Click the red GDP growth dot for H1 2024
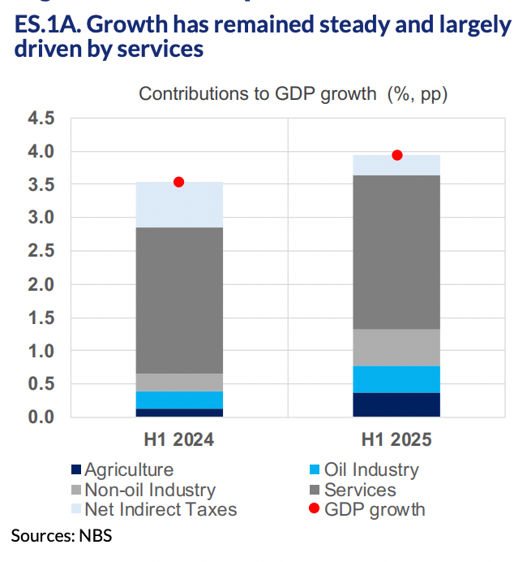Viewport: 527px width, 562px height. (179, 182)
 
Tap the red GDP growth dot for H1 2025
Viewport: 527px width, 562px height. (397, 155)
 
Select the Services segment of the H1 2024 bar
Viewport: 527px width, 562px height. (179, 300)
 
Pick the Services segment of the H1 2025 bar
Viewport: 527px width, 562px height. (397, 252)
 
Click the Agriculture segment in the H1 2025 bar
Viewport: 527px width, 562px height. (397, 404)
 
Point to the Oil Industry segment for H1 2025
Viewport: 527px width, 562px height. (397, 379)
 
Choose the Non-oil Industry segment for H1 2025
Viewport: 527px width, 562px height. (397, 348)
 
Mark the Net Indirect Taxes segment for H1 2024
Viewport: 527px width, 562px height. (179, 205)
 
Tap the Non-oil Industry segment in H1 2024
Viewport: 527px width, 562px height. (179, 383)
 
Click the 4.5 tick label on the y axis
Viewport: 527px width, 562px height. (41, 119)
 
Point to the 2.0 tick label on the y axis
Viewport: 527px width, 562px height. (41, 285)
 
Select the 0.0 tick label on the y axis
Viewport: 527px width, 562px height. (41, 417)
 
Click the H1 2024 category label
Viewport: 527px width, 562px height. (179, 440)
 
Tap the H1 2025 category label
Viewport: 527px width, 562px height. (397, 440)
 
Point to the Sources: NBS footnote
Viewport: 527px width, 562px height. (62, 535)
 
